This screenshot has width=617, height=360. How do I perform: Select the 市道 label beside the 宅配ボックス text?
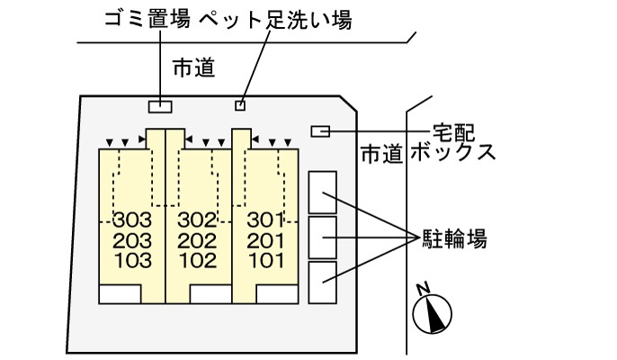click(x=380, y=154)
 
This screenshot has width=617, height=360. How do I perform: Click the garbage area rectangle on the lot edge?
click(x=160, y=106)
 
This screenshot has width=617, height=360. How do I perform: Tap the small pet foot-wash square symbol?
click(x=239, y=106)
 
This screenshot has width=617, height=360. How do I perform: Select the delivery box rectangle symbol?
click(x=319, y=131)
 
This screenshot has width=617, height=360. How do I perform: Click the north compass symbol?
click(x=430, y=311)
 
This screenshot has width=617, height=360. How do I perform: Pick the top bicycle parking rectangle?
click(x=322, y=192)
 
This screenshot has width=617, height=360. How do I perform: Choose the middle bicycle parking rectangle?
click(x=322, y=238)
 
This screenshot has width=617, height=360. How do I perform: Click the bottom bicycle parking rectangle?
click(x=322, y=283)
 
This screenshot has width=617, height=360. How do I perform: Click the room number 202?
click(x=198, y=240)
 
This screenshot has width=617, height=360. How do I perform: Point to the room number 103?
click(x=132, y=261)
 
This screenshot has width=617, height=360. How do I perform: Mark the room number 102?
click(x=198, y=261)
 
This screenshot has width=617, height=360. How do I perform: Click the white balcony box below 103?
click(x=120, y=293)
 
